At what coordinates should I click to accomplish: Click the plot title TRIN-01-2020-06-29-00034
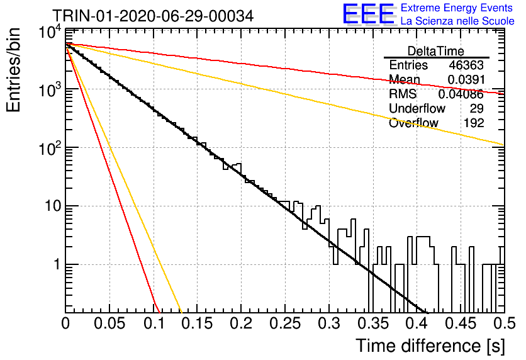pos(153,16)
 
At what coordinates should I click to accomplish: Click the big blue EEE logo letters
pos(368,14)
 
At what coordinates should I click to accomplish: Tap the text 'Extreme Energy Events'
pos(457,8)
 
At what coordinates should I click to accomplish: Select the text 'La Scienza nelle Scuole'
pos(457,21)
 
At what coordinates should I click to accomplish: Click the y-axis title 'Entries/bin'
pos(13,70)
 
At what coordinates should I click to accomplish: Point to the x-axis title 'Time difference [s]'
pos(430,346)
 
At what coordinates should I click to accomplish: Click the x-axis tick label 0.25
pos(285,323)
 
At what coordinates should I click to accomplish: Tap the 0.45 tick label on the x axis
pos(461,323)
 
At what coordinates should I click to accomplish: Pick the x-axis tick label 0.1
pos(154,323)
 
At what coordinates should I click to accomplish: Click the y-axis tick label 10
pos(53,206)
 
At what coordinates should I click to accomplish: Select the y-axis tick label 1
pos(57,264)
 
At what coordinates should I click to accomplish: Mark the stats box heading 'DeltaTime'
pos(436,51)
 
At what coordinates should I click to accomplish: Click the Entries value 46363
pos(466,65)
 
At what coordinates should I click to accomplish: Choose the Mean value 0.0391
pos(466,79)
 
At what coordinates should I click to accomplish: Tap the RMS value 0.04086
pos(461,94)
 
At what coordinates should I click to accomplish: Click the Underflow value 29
pos(477,108)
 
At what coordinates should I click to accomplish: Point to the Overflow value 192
pos(474,123)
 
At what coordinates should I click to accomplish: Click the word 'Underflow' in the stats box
pos(417,108)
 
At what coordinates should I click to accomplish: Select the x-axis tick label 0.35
pos(373,323)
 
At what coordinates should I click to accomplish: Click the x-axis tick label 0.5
pos(505,323)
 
